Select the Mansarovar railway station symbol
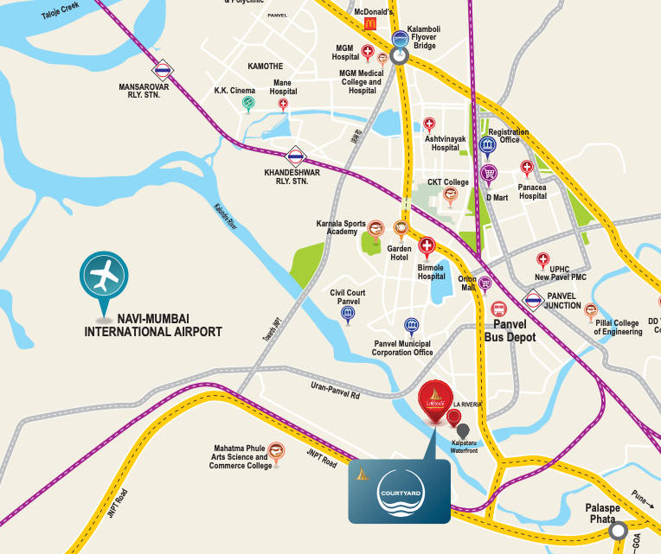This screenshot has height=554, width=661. point(162,71)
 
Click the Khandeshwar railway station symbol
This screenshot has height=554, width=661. point(296,156)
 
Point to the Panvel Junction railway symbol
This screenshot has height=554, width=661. point(533,302)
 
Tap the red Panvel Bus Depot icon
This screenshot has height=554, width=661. point(498,309)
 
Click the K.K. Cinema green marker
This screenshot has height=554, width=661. point(248,103)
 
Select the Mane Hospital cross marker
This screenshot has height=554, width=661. point(282,104)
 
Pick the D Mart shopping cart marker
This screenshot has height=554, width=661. point(489,174)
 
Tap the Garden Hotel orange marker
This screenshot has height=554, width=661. point(401,228)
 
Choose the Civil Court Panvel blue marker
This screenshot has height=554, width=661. point(348,313)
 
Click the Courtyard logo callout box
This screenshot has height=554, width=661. point(399,491)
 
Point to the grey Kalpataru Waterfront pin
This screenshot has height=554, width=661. point(463,430)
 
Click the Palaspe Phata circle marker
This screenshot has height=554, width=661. point(617,532)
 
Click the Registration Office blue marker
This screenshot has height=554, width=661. point(487,144)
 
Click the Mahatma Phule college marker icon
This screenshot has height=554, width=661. point(275,450)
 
